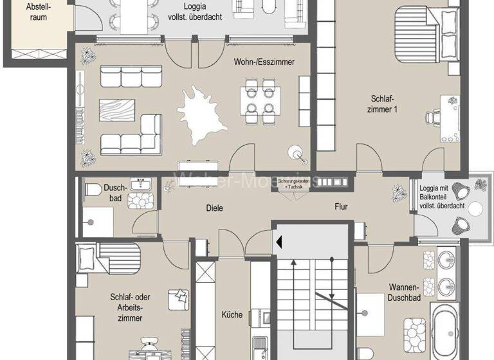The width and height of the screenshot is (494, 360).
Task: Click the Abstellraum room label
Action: point(37,12)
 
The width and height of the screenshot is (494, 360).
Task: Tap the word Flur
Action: point(341,207)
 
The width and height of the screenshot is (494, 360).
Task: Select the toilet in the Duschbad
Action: point(92,189)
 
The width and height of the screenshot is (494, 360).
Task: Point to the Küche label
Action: point(232,314)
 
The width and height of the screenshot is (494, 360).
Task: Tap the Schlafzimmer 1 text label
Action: point(384,104)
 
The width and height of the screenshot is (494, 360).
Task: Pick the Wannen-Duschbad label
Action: point(404,293)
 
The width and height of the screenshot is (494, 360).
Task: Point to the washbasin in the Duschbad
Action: point(140,185)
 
